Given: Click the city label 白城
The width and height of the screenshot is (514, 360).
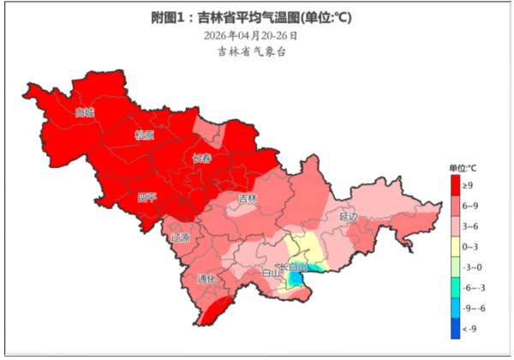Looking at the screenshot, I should tap(83, 112).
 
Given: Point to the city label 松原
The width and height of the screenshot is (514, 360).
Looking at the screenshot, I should tap(144, 135).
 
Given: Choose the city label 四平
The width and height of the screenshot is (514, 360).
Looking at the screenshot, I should tap(147, 197).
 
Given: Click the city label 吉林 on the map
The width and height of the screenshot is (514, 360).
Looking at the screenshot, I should tap(248, 199).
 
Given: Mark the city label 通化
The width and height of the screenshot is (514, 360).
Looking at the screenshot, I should tap(206, 279).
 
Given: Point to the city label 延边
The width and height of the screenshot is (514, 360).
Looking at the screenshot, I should tap(348, 216).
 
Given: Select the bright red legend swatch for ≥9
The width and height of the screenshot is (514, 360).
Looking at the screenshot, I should tap(457, 185).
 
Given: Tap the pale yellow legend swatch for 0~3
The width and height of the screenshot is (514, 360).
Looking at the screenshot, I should tap(457, 247).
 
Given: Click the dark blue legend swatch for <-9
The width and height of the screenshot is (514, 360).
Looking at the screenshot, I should tap(457, 329).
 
